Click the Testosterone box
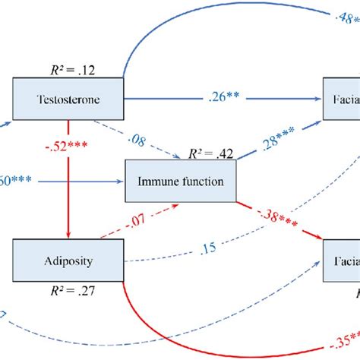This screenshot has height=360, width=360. tap(68, 99)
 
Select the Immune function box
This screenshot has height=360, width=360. tap(179, 182)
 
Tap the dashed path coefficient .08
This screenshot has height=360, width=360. tap(139, 141)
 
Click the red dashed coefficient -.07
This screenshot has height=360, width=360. tap(133, 222)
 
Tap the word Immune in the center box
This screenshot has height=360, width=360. tap(156, 182)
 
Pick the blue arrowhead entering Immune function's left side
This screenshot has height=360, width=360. tap(119, 182)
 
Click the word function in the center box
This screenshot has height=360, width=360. tap(201, 182)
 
